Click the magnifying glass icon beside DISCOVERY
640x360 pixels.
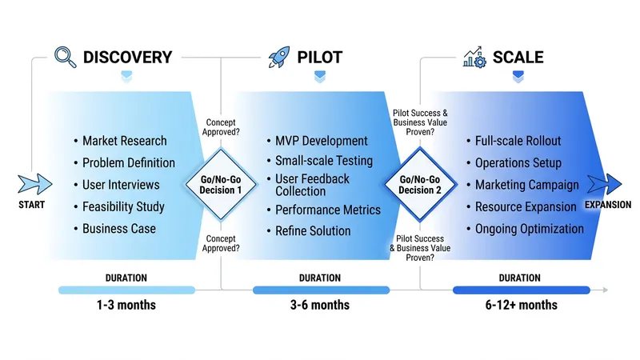coord(65,57)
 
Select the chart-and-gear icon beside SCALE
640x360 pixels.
coord(474,57)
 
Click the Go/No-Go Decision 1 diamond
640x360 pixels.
coord(220,185)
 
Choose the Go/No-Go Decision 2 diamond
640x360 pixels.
coord(418,185)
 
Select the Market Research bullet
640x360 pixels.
coord(124,141)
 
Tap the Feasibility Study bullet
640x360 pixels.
coord(123,206)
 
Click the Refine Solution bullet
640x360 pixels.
coord(313,231)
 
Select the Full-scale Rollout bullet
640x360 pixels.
coord(518,141)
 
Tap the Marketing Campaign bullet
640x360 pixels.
coord(526,185)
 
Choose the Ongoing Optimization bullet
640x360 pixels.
coord(529,229)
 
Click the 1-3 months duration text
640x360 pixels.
coord(126,305)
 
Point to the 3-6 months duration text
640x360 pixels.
coord(321,305)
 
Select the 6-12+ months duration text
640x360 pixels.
coord(521,305)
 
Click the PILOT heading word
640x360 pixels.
coord(320,57)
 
